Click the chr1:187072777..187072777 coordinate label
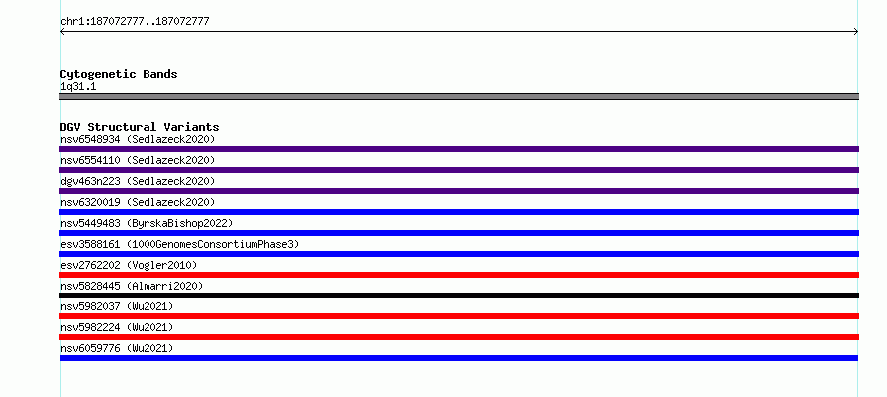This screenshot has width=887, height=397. [135, 22]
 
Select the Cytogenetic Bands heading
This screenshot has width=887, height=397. [119, 74]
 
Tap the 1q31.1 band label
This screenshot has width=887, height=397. [78, 87]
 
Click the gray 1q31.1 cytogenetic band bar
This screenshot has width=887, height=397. [458, 97]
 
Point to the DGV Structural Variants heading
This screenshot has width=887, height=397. [140, 127]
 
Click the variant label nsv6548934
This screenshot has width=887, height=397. [90, 139]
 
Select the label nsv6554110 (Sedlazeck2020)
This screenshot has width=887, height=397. [138, 160]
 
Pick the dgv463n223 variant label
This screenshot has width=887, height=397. [90, 181]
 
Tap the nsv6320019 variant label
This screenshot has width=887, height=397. [90, 202]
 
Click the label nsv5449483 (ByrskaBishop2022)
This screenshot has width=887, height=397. [147, 223]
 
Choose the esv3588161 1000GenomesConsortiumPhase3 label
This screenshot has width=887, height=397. [179, 244]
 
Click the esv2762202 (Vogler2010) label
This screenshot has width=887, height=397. [129, 265]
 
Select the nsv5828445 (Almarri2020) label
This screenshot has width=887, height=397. [132, 286]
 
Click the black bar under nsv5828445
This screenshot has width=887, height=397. [458, 296]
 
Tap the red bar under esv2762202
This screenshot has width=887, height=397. [458, 275]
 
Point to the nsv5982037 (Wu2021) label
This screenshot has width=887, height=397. [117, 306]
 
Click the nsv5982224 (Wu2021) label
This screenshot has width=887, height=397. [117, 327]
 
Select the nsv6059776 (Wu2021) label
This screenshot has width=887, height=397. [117, 348]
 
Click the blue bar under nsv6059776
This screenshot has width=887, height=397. [458, 358]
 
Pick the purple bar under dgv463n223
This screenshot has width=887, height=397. [458, 191]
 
